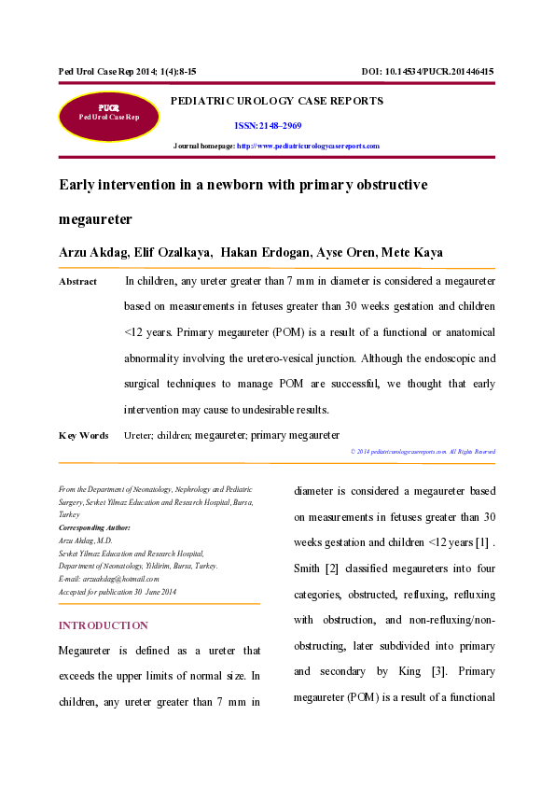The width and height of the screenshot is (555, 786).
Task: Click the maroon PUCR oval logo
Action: pos(108,117)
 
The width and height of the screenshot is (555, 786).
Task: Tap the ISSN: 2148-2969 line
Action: pos(267,125)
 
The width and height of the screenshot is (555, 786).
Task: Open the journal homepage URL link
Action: pos(309,147)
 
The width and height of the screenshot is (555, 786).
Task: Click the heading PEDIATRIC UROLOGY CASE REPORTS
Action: pos(276,101)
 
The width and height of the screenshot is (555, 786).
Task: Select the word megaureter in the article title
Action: pos(95,220)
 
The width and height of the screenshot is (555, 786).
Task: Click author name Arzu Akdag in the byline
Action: pos(95,253)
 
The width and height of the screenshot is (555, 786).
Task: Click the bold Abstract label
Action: pos(77,282)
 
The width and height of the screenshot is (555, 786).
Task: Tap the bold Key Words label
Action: pos(83,435)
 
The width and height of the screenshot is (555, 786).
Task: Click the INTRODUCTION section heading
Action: pos(103,625)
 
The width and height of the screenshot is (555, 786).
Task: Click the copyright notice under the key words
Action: pos(423,452)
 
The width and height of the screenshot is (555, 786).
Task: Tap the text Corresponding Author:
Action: pos(94,527)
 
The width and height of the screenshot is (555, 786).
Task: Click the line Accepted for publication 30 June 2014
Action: pos(118,592)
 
